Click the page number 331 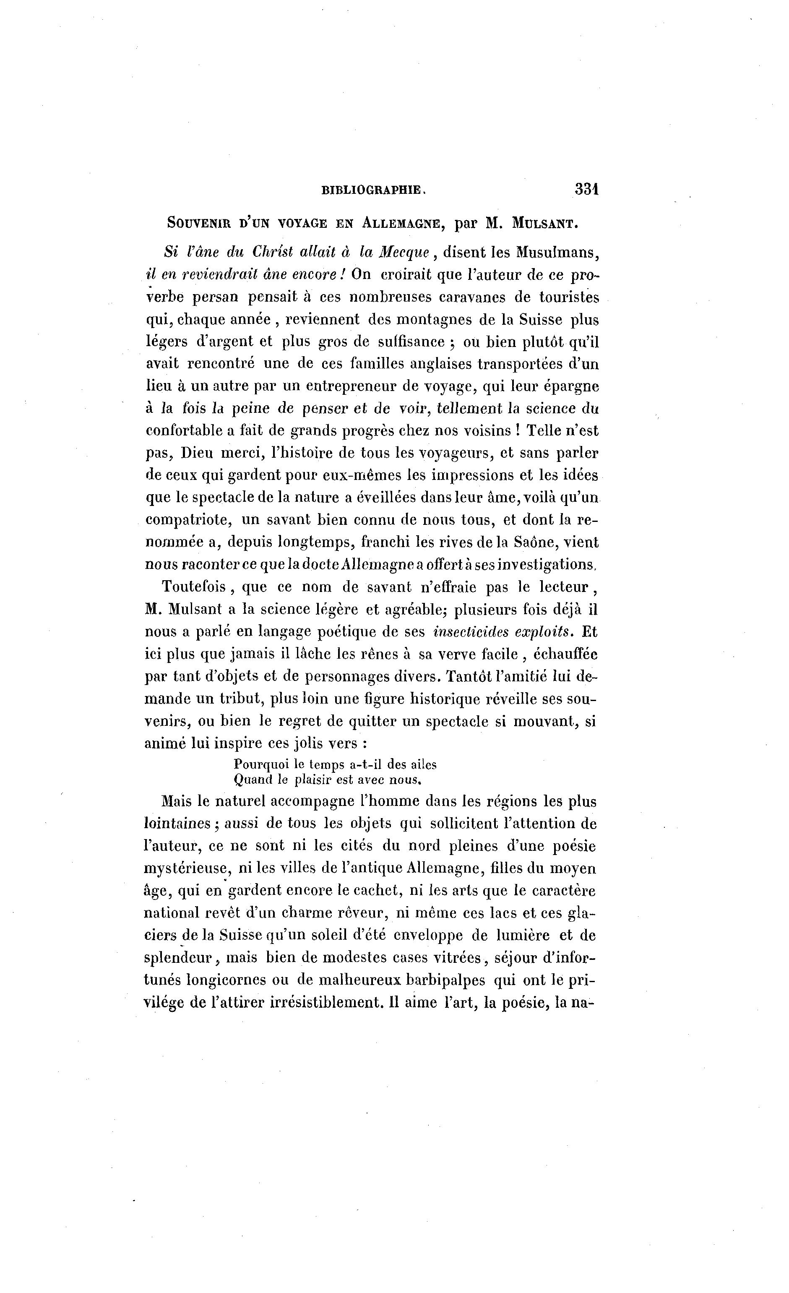tap(586, 189)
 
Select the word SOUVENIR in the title tap(199, 223)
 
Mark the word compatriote tap(189, 520)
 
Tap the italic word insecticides tap(469, 632)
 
